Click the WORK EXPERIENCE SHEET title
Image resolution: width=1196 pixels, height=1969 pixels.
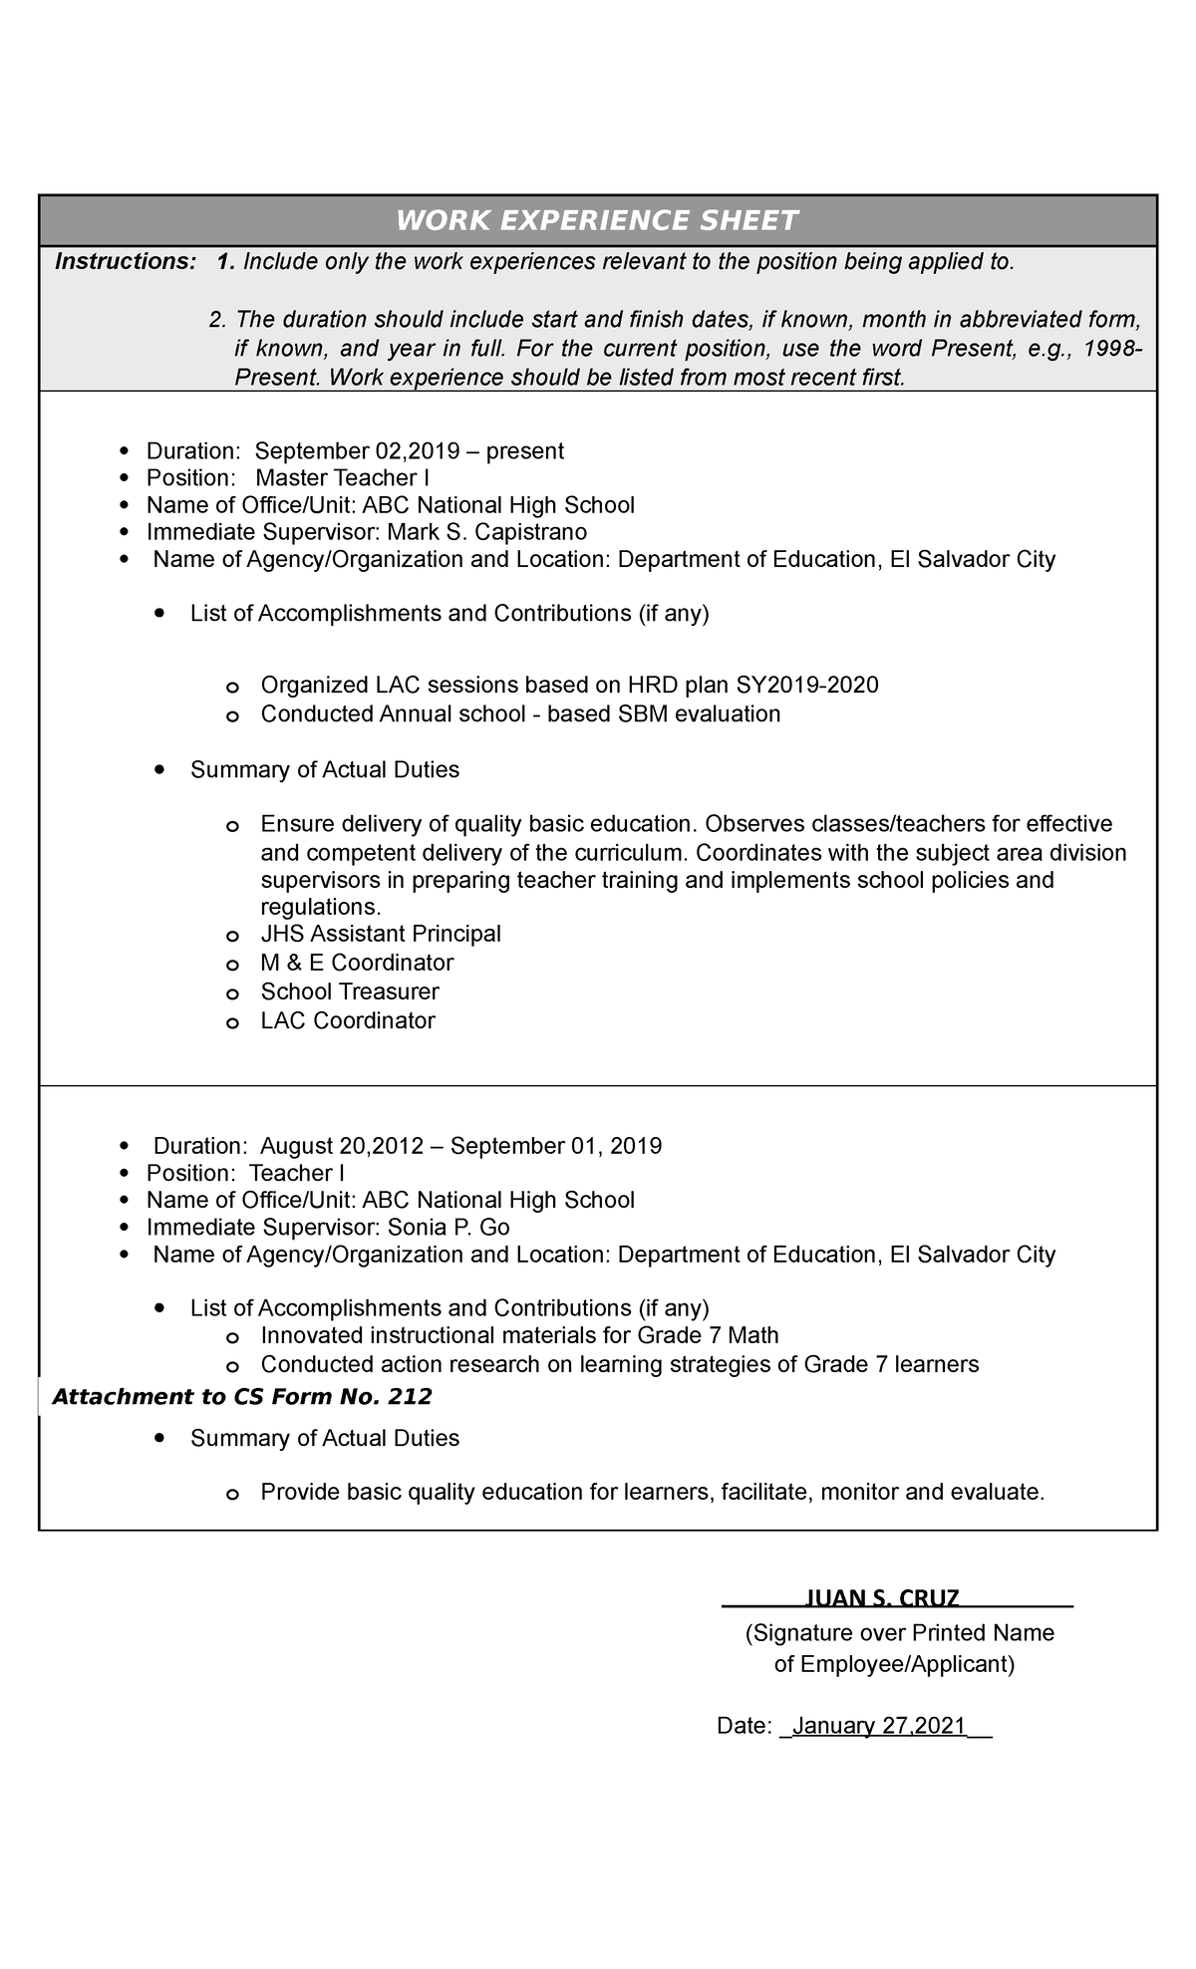[x=597, y=220]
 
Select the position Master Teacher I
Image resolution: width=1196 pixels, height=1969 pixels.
[x=342, y=477]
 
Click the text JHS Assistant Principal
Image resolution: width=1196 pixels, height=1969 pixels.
[x=381, y=934]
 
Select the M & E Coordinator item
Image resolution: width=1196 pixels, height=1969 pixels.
[x=357, y=963]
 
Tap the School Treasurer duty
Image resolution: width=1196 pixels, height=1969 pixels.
[x=349, y=991]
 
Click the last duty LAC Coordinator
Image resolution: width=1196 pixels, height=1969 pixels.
[x=347, y=1020]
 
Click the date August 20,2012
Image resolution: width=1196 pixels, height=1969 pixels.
[x=342, y=1146]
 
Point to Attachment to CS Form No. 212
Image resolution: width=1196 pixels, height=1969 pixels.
[x=241, y=1397]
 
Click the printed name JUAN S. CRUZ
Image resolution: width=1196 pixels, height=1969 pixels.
[x=881, y=1598]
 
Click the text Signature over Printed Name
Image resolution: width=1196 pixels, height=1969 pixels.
[x=900, y=1632]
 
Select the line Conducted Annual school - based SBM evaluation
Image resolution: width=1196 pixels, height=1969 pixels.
[x=520, y=714]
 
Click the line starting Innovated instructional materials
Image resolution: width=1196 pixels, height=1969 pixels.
[x=519, y=1335]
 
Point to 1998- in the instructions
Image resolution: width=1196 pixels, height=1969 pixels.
[x=1118, y=350]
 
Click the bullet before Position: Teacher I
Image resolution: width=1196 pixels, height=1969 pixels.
[x=124, y=1174]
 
